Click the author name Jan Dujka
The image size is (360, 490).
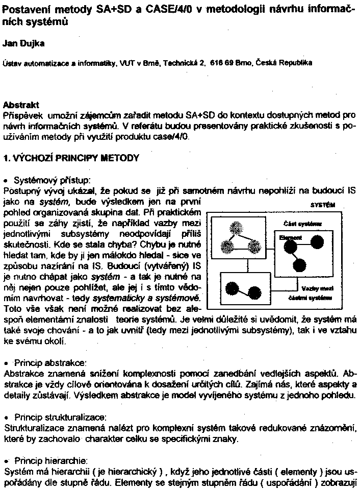(x=23, y=43)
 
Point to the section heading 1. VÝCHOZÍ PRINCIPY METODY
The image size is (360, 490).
(x=71, y=158)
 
